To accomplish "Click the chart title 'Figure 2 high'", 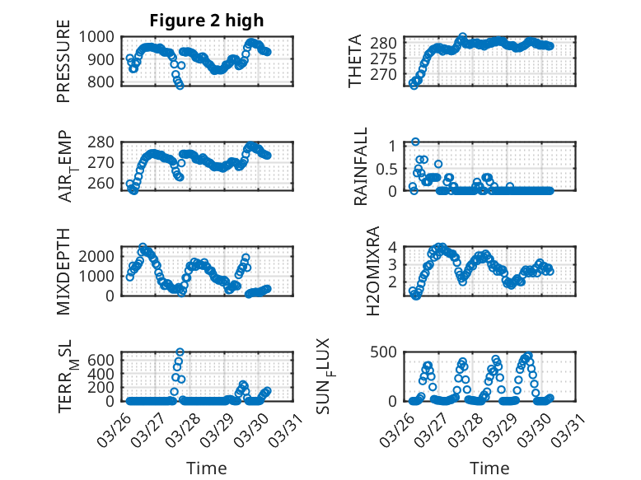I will (207, 21).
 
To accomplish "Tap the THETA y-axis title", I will (355, 60).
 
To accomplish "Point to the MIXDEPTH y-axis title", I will (63, 271).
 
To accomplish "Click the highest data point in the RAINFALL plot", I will (416, 142).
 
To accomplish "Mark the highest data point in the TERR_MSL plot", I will (180, 352).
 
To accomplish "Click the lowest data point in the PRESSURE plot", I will (180, 85).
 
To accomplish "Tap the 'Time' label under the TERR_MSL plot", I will (207, 468).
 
